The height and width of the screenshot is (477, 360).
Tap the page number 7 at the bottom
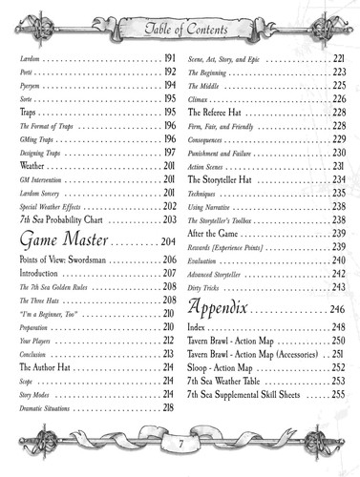click(x=180, y=443)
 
